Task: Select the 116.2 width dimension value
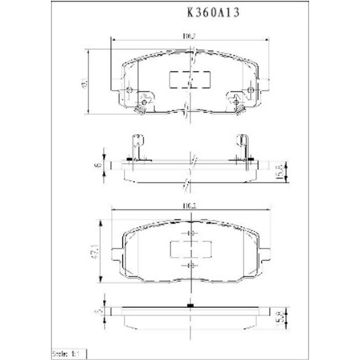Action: click(190, 205)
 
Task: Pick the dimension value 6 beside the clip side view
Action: click(97, 164)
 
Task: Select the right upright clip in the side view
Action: click(243, 148)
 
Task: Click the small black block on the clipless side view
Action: click(190, 306)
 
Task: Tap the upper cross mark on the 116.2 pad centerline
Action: click(190, 233)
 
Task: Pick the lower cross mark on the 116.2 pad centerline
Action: click(190, 266)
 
